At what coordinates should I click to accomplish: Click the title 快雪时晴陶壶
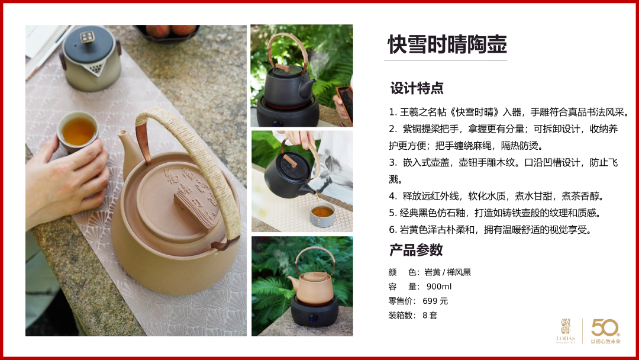click(x=447, y=44)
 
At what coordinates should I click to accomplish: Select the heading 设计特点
click(x=417, y=88)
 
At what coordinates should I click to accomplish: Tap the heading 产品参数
click(x=416, y=250)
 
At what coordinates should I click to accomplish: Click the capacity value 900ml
click(x=439, y=287)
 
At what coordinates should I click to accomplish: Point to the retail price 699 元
click(x=435, y=301)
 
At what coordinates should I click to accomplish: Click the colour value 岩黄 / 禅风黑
click(x=447, y=272)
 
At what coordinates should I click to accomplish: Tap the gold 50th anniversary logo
click(x=606, y=331)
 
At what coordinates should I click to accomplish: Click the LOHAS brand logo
click(x=566, y=331)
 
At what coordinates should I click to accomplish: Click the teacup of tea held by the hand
click(x=78, y=131)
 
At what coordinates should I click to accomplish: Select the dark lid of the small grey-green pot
click(x=89, y=44)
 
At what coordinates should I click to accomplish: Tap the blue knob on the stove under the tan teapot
click(x=313, y=317)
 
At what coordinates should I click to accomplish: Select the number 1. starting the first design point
click(x=392, y=112)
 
